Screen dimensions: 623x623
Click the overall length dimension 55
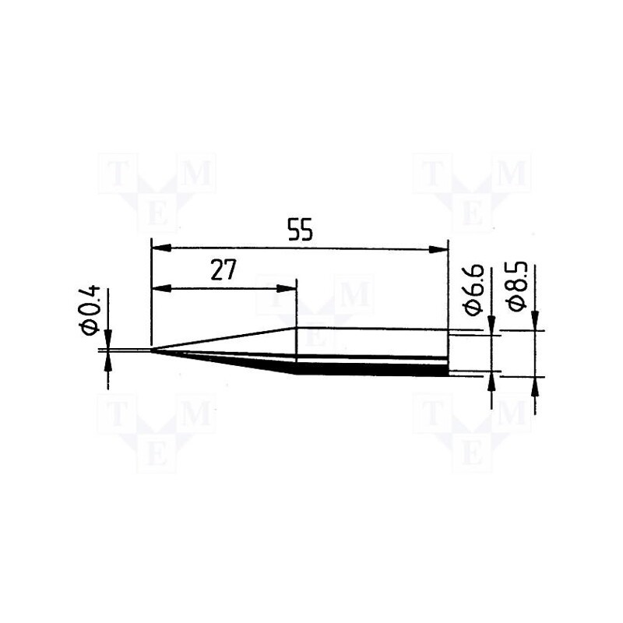(299, 231)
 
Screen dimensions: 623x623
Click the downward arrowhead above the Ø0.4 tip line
(107, 340)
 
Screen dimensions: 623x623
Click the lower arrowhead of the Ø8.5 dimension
(534, 385)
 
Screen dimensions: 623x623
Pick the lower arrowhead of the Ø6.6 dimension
(491, 382)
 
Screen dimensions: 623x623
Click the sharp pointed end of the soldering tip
(151, 350)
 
